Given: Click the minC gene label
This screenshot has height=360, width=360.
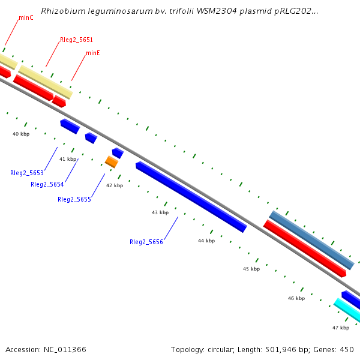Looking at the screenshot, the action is [26, 18].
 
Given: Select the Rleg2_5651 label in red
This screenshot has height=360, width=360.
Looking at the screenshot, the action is [76, 40].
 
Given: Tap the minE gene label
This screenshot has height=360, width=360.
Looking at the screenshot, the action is [93, 53].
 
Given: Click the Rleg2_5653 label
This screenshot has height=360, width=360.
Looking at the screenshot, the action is [27, 173].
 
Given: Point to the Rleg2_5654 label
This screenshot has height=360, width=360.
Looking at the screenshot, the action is [47, 184].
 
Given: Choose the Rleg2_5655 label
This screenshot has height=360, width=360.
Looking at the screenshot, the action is [74, 199].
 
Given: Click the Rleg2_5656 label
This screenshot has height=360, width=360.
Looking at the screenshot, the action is [146, 242].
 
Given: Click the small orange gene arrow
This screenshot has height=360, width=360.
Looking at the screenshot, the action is [112, 161].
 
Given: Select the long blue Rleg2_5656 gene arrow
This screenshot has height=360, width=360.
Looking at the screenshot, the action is [191, 196].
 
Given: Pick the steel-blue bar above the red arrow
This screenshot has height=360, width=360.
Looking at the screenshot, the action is [311, 239].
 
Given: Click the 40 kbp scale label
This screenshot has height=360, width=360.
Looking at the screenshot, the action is [21, 134].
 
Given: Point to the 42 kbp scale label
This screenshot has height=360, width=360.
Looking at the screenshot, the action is [115, 185].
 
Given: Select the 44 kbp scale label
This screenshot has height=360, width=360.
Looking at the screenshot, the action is [206, 241].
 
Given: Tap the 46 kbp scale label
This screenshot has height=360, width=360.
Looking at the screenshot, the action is [296, 298].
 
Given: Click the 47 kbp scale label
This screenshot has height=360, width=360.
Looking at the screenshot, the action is [341, 328].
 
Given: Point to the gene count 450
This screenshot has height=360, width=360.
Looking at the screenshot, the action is [347, 349].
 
